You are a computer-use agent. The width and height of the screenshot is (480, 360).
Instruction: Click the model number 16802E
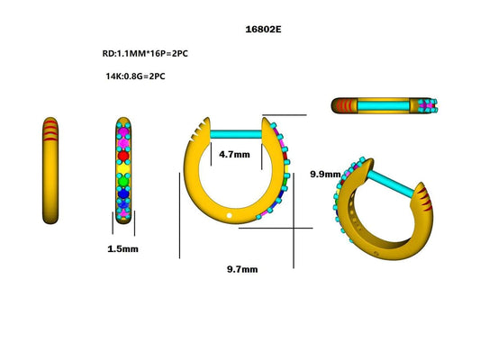tap(264, 29)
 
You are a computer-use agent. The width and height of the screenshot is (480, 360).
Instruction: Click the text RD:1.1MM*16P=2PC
tap(145, 53)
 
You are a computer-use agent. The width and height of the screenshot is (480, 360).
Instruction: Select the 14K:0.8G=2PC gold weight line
tap(135, 76)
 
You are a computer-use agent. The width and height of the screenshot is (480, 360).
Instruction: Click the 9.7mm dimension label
tap(242, 269)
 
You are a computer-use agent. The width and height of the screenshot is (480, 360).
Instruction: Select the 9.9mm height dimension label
tap(325, 173)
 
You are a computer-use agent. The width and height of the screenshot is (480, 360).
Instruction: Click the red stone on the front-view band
tap(124, 155)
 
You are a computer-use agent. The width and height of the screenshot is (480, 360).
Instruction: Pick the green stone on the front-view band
tap(124, 179)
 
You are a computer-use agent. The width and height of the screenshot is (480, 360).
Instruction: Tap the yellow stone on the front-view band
tap(124, 167)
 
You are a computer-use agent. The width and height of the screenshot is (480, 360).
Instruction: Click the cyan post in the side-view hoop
tap(236, 135)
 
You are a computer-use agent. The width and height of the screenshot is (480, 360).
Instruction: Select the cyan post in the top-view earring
tap(385, 106)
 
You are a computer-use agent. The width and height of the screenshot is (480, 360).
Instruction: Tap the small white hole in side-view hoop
tap(230, 216)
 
